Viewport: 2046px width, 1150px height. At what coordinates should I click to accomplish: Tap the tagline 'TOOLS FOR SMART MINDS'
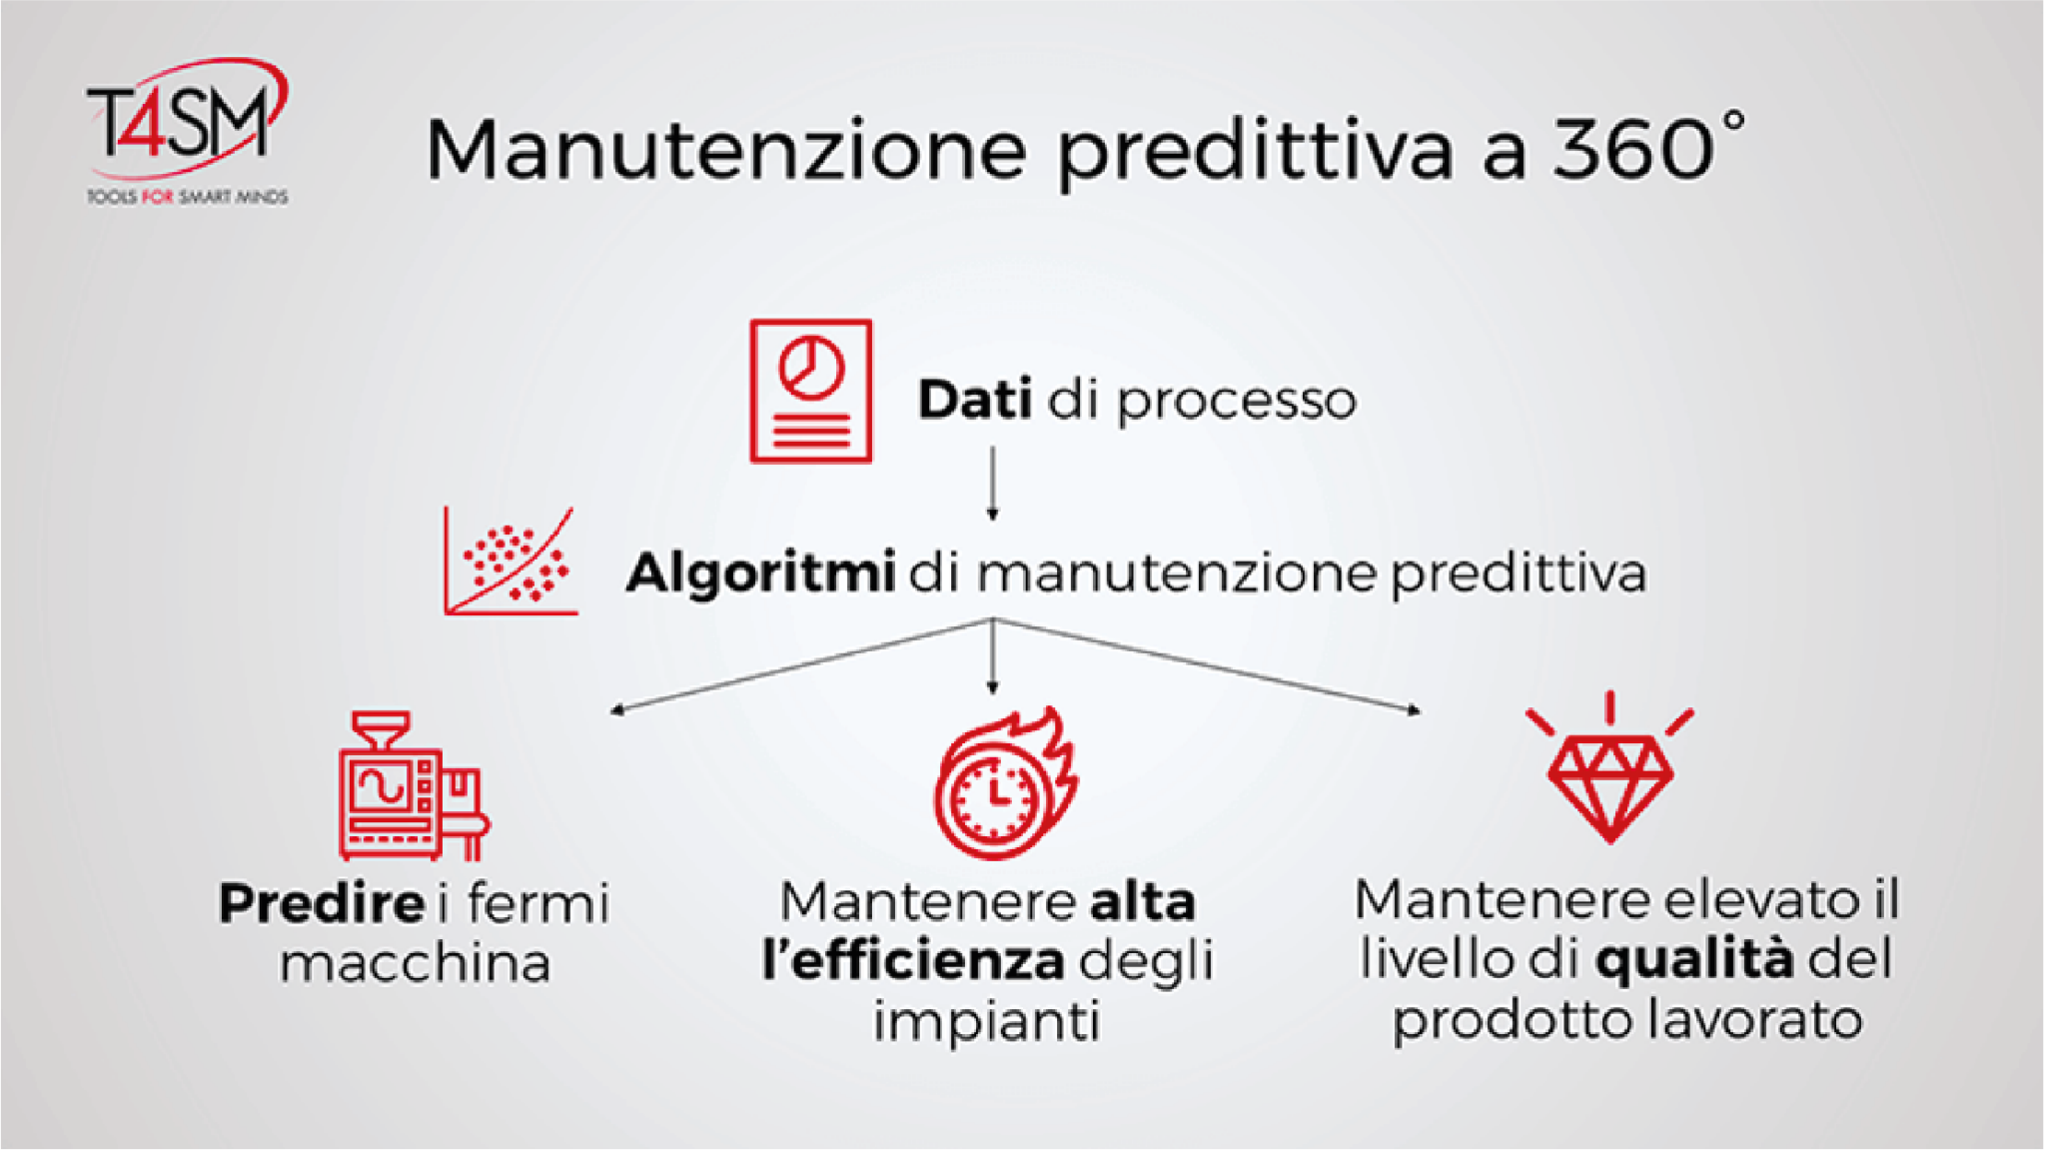tap(187, 197)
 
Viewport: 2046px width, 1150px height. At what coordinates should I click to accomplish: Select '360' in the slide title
tap(1632, 149)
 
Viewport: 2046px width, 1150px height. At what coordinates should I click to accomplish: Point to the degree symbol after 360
tap(1733, 121)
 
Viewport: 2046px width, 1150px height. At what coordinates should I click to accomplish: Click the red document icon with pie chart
tap(810, 391)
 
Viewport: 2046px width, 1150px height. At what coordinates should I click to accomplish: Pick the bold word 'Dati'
tap(974, 400)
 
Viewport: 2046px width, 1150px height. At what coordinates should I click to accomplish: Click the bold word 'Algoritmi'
tap(760, 575)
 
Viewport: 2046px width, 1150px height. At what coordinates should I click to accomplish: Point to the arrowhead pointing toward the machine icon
tap(617, 709)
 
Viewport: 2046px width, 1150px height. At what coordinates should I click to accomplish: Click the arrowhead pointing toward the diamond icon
tap(1414, 709)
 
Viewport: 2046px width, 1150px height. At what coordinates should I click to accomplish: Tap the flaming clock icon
tap(1005, 783)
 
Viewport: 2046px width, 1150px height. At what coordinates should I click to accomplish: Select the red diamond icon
tap(1609, 768)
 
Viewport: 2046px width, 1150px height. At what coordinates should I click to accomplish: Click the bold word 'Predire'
tap(322, 903)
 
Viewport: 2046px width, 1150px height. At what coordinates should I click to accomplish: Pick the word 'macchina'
tap(415, 963)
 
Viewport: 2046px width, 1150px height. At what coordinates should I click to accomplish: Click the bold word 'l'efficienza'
tap(912, 960)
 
